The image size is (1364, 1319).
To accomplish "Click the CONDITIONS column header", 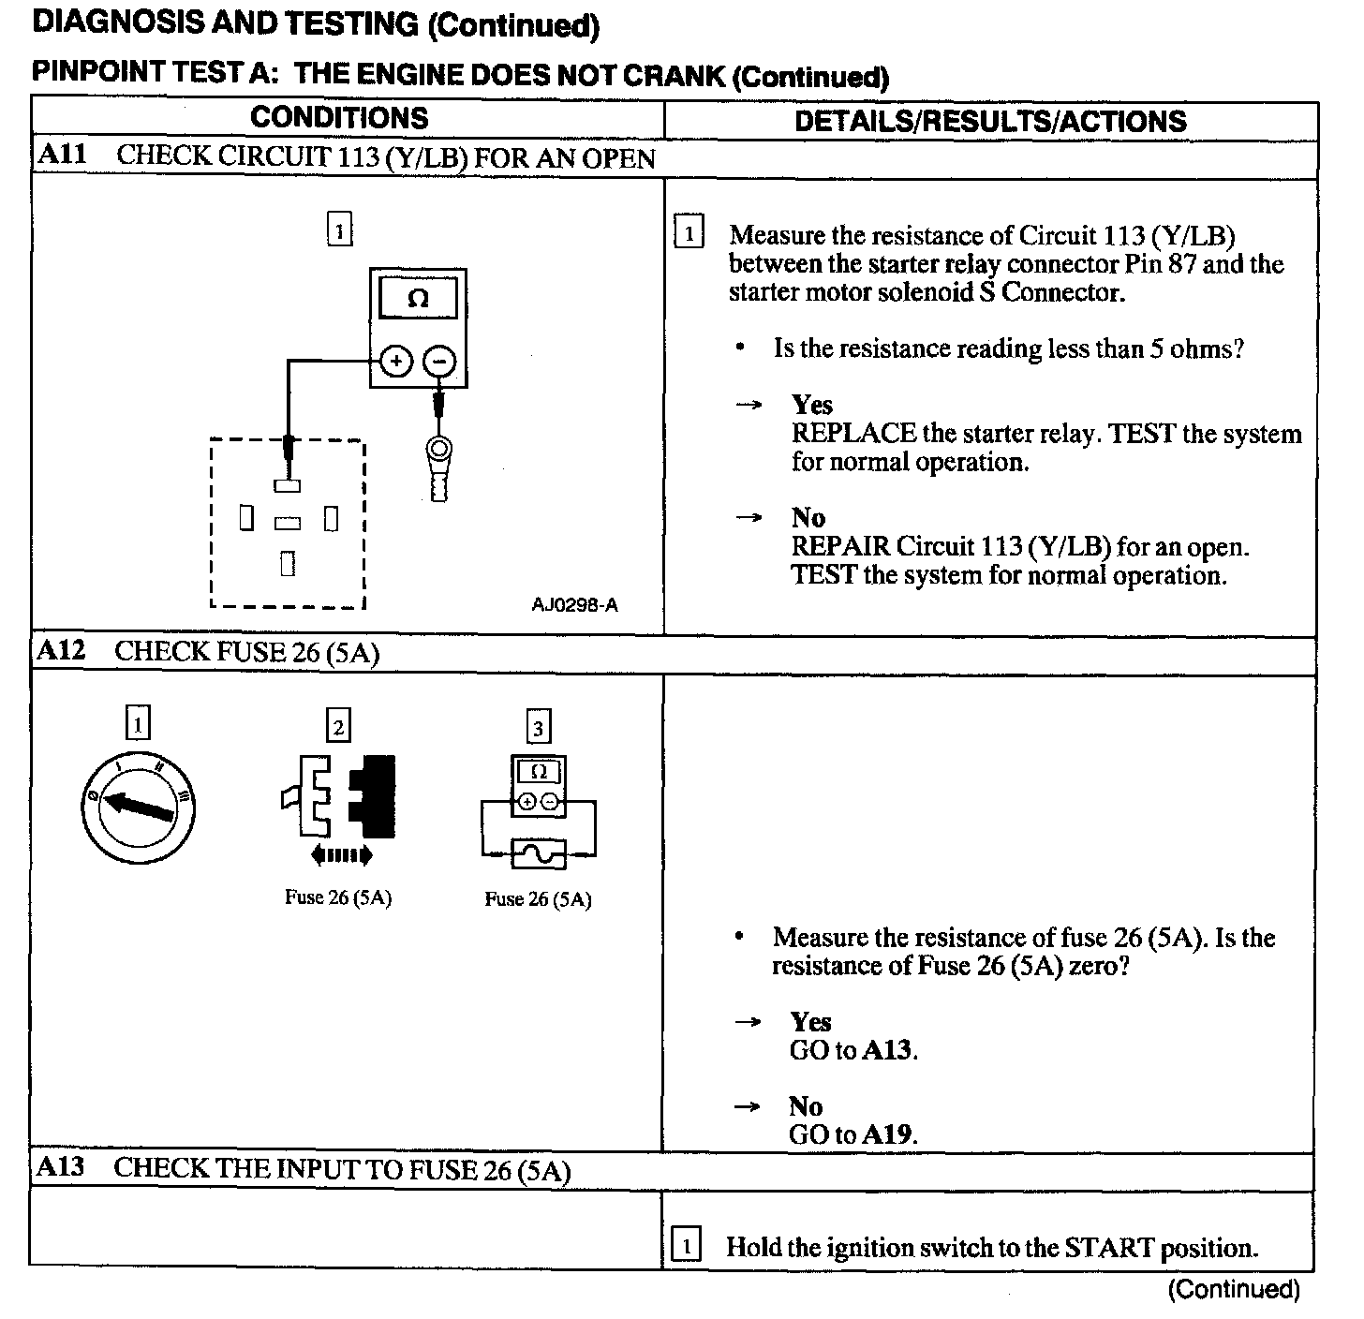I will (339, 118).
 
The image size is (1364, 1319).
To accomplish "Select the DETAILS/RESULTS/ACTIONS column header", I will (990, 121).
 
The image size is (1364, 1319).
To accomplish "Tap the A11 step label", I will (62, 155).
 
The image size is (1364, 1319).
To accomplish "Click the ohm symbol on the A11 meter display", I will (419, 299).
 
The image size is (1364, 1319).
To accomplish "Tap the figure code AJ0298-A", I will (574, 605).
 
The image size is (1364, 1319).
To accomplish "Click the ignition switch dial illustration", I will (139, 807).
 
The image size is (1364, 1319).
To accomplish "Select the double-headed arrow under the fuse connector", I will (341, 854).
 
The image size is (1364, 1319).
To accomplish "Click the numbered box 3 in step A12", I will (537, 727).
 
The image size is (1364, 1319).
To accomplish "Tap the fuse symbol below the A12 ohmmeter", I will (538, 853).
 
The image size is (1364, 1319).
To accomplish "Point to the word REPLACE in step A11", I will (853, 434).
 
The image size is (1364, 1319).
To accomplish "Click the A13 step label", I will (61, 1167).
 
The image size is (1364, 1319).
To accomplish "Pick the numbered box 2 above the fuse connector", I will (338, 726).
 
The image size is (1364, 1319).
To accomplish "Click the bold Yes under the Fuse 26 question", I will (810, 1022).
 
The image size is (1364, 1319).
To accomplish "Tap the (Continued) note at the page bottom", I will (1233, 1290).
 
